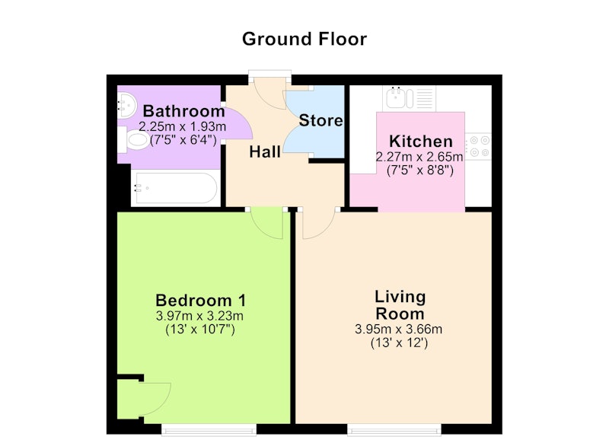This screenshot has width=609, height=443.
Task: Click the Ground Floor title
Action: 304,40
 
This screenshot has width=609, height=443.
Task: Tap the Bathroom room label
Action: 184,111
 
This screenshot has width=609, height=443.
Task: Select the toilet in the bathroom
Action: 134,140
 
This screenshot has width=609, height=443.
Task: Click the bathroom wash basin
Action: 126,104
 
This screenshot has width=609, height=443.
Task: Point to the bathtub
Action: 174,188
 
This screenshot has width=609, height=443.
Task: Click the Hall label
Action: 265,151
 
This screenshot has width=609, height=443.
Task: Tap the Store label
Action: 320,120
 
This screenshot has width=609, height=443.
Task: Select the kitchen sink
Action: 410,98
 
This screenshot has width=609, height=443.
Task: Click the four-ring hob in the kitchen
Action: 479,146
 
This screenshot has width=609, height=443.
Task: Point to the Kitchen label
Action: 421,142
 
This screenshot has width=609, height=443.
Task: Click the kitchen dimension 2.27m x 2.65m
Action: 419,157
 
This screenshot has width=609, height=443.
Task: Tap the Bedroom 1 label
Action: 201,301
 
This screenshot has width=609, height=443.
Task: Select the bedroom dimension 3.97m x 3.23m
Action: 199,316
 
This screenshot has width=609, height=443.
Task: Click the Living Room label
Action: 400,305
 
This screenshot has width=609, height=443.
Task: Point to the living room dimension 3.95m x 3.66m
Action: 398,330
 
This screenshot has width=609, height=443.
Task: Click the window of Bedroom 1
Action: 209,430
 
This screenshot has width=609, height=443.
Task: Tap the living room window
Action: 394,430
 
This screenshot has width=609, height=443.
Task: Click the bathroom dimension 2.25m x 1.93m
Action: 183,126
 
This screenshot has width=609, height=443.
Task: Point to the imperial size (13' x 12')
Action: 399,343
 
